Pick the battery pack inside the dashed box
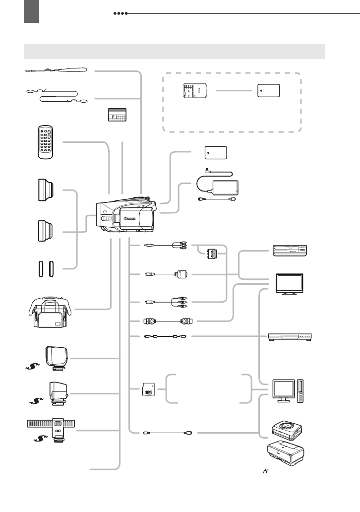tap(268, 91)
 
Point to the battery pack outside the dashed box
tap(216, 153)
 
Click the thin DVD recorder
tap(290, 337)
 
